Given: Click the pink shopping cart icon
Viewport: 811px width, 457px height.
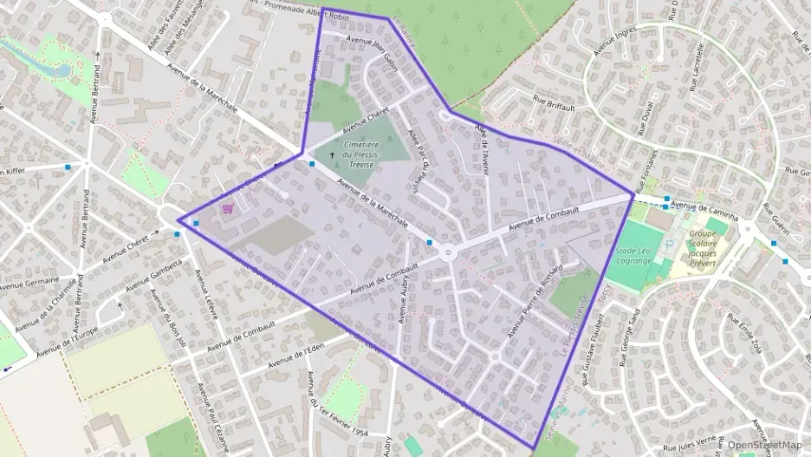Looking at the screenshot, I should pos(228,208).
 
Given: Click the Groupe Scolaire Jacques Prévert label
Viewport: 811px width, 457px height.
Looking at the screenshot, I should pos(711,246).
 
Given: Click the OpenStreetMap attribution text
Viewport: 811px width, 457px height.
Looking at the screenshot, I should pos(764,445).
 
